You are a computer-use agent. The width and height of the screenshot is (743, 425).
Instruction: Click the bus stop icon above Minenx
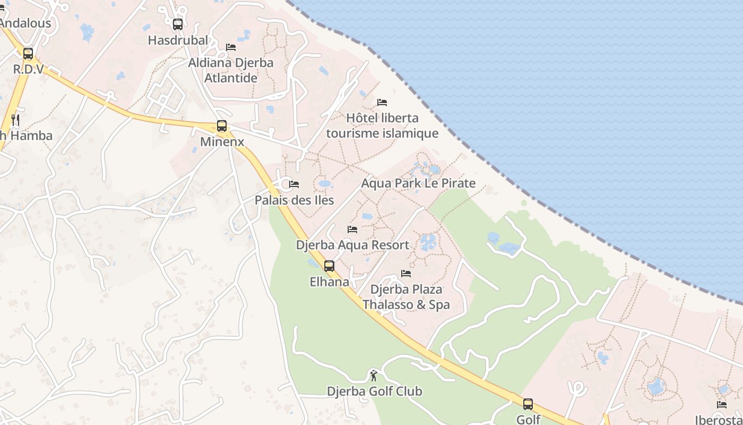[222, 126]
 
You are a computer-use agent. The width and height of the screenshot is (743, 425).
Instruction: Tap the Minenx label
[222, 142]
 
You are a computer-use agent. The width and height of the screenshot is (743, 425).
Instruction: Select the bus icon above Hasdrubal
[178, 24]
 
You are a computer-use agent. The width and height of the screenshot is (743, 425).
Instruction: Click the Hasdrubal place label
[178, 40]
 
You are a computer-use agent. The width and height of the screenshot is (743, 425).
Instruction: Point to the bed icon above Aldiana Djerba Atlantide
[231, 47]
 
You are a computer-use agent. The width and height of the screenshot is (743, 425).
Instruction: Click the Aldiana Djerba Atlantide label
[231, 70]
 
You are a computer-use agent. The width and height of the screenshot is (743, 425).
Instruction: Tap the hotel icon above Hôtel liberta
[382, 102]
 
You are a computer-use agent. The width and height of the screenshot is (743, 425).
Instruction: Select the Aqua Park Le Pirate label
[418, 183]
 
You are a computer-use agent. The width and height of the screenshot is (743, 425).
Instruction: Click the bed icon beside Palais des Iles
[294, 184]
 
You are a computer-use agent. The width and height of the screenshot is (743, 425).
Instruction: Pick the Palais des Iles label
[294, 200]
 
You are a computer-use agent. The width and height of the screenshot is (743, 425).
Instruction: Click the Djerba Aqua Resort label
[352, 245]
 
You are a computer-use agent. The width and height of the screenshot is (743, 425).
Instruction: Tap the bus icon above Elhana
[329, 266]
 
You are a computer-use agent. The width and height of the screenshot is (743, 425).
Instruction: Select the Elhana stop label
[329, 282]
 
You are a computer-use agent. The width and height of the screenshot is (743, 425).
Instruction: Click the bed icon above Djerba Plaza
[406, 274]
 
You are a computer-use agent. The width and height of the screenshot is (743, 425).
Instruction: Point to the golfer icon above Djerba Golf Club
[374, 376]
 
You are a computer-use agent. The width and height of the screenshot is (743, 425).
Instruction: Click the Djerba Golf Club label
[374, 392]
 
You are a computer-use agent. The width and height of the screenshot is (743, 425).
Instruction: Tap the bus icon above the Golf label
[528, 404]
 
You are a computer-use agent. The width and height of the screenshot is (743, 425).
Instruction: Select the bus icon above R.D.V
[28, 53]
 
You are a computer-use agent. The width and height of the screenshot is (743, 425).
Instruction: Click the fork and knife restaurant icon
[15, 120]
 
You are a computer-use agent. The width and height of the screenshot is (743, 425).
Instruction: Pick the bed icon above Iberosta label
[722, 404]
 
